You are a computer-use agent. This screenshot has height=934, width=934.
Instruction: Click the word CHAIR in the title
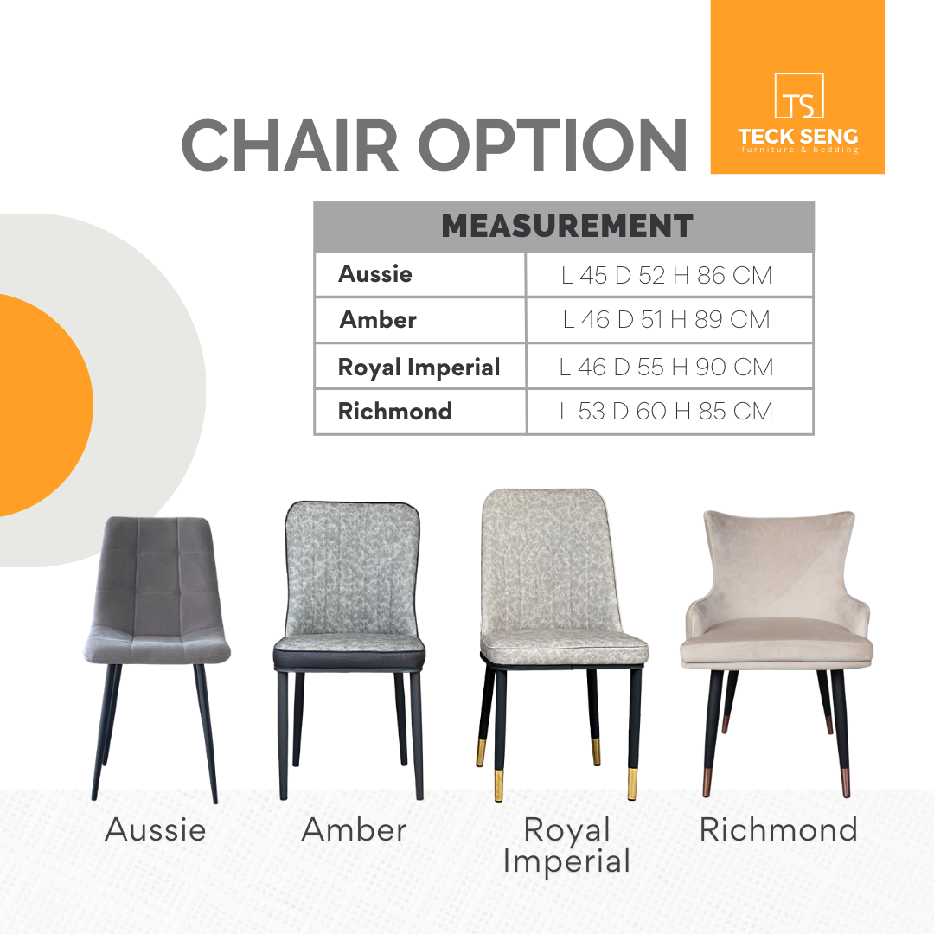point(290,145)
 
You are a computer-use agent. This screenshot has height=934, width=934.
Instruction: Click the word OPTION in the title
point(553,145)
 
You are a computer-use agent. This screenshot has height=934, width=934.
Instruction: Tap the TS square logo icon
point(799,95)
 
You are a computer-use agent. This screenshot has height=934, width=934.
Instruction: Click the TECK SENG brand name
point(798,137)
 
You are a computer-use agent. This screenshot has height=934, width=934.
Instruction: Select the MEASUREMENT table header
point(567,227)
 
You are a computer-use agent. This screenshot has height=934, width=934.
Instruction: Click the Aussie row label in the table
point(375,274)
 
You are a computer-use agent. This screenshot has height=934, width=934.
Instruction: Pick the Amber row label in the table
point(378,320)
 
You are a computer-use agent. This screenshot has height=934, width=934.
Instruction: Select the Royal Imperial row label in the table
point(419,368)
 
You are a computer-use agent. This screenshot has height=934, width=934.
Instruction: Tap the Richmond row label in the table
point(395,411)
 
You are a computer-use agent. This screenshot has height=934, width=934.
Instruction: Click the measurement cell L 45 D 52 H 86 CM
point(667,275)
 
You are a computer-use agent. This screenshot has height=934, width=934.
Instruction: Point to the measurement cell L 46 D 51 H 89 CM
point(667,320)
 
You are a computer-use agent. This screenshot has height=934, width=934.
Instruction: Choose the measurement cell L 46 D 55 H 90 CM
point(667,367)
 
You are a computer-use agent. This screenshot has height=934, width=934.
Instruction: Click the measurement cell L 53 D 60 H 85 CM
point(667,411)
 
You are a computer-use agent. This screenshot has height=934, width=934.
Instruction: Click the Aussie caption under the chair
point(156,829)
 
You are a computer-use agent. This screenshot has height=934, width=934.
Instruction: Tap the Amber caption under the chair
point(355,829)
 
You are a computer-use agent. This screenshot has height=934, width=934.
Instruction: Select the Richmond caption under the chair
point(778,829)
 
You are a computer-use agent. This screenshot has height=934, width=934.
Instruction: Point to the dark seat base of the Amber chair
point(349,659)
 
